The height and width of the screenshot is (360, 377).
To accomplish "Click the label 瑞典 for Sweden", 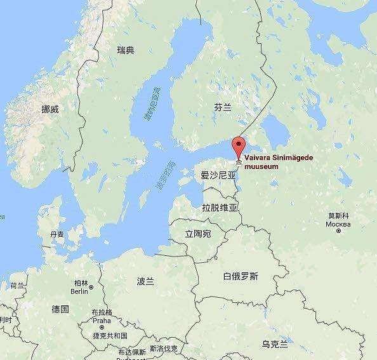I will coord(126,50).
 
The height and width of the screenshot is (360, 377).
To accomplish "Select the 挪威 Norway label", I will coord(50,109).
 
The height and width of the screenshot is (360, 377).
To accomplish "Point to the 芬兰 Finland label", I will coord(222,109).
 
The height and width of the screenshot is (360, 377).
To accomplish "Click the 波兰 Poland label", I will coord(145,281).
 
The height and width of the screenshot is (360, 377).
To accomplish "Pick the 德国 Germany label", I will coord(60,309).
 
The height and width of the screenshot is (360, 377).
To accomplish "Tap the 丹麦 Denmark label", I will coord(58,234).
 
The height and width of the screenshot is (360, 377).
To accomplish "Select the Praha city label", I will coord(101,323).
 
